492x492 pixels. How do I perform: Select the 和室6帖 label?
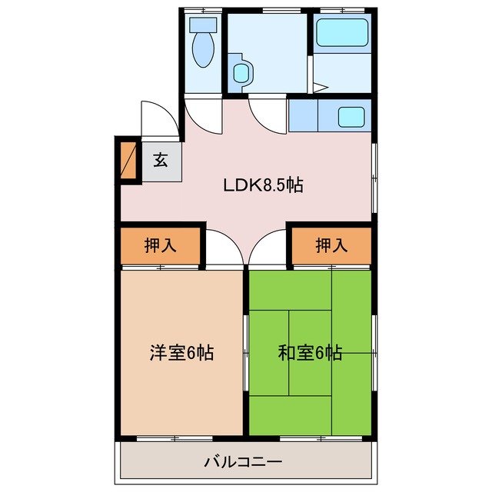point(310,354)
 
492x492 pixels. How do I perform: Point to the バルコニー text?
point(243,463)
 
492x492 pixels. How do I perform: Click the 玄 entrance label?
point(160,161)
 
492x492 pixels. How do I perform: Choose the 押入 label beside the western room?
point(161,246)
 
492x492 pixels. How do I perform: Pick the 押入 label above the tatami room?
point(331,246)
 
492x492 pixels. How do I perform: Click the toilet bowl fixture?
point(204,48)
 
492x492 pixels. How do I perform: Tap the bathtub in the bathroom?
point(341,34)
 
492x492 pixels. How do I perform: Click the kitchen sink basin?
point(351,117)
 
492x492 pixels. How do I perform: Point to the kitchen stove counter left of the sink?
point(304,115)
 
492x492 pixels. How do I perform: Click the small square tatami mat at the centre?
point(310,331)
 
